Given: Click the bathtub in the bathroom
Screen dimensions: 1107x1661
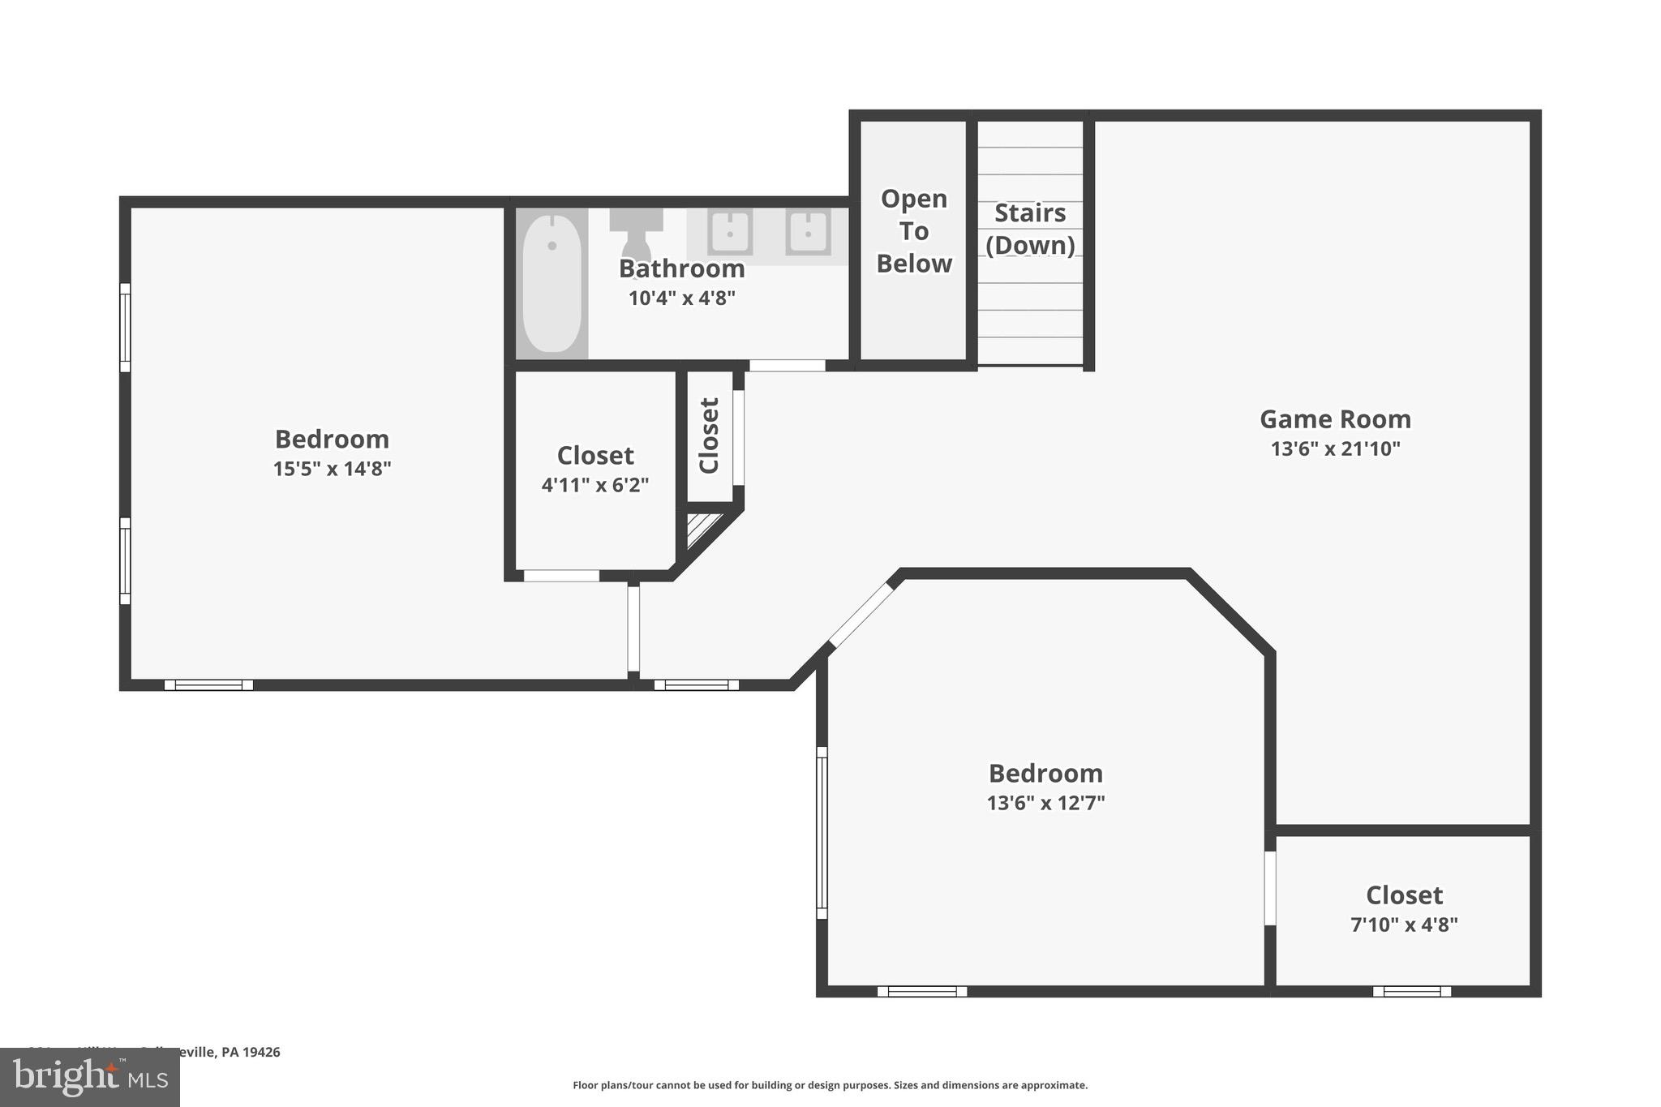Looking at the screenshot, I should point(552,282).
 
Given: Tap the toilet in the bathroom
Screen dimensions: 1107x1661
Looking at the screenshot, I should point(637,234).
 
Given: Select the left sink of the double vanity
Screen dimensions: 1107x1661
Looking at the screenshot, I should point(730,233).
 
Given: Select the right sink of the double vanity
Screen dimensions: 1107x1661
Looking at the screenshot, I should point(808,233).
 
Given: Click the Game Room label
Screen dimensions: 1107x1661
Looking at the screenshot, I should point(1335,419).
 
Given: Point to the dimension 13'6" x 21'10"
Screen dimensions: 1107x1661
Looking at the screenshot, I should point(1335,448).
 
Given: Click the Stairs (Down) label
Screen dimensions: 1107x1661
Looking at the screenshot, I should point(1030,229).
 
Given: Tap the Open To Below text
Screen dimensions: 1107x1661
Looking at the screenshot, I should point(914,231).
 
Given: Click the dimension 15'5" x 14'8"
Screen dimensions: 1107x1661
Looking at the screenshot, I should point(332,469).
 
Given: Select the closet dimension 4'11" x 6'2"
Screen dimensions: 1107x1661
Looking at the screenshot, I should point(595,485).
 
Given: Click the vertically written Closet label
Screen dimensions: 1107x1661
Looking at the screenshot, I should point(710,436).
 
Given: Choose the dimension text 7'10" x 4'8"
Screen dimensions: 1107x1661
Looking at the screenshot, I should point(1404,925).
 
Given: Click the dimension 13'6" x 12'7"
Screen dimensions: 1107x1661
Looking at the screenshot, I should point(1045,803).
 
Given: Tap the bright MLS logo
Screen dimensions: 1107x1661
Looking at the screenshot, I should point(90,1077).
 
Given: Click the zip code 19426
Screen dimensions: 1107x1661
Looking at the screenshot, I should point(262,1052).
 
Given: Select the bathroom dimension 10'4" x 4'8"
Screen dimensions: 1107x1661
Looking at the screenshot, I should point(681,298).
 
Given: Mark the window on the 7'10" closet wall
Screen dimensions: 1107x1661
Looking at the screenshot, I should point(1411,991).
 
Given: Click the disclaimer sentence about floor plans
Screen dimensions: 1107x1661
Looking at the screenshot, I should point(830,1085).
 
